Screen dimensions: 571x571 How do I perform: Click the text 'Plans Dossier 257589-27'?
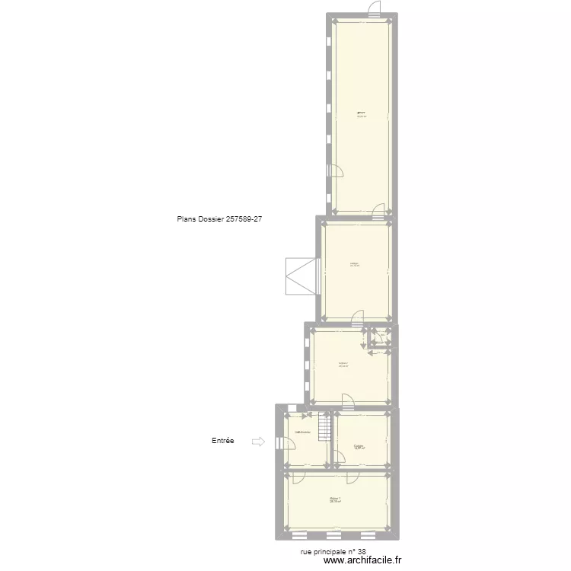click(219, 219)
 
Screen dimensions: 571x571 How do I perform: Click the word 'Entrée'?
click(223, 441)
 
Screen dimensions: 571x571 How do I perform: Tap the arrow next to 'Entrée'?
click(257, 442)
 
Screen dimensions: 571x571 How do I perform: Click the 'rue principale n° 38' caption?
click(333, 553)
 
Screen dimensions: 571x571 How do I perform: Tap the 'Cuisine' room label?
click(359, 447)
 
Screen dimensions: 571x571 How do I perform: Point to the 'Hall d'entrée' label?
click(302, 432)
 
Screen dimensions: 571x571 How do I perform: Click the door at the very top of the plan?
click(374, 9)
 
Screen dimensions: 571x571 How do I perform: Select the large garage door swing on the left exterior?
click(300, 276)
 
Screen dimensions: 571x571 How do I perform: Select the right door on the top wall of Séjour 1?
click(352, 477)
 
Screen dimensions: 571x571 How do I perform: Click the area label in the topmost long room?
click(362, 116)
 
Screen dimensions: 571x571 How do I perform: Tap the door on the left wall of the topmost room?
click(335, 172)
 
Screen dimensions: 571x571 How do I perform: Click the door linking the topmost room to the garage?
click(378, 211)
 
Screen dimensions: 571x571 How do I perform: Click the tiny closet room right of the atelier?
click(379, 337)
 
